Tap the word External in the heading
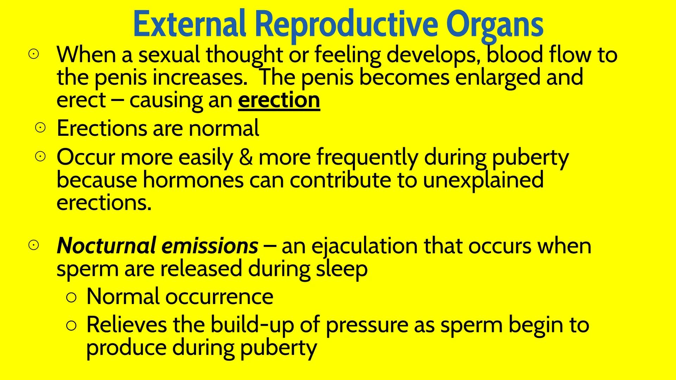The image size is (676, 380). tap(189, 24)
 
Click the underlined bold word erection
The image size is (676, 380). tap(279, 100)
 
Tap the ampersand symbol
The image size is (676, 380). tap(246, 157)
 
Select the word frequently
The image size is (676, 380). tap(367, 158)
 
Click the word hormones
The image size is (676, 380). tap(193, 180)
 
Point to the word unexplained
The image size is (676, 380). tap(483, 180)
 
